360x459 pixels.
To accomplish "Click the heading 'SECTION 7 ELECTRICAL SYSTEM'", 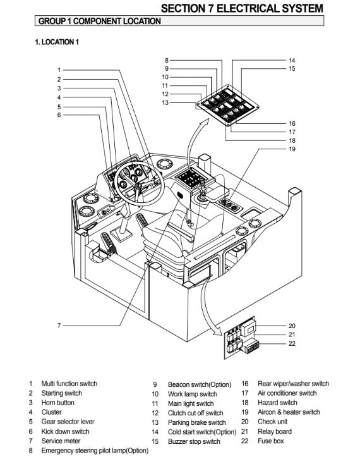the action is coord(242,8).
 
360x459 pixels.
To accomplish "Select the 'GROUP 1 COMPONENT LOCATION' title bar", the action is coord(179,21).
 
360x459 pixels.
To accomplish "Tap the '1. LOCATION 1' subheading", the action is coord(57,42).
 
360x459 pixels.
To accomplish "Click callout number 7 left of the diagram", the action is coord(59,326).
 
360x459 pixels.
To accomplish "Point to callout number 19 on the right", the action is coord(292,149).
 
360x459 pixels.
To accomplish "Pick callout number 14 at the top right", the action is coord(292,60).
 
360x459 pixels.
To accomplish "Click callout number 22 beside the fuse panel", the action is coord(292,343).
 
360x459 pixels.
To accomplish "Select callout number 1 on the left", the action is coord(59,70).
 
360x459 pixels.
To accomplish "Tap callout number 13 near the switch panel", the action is coord(165,103).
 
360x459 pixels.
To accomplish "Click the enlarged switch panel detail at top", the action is coord(227,106).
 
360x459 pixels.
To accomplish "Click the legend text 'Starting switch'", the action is coord(62,393).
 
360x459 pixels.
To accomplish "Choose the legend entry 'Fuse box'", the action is coord(271,441).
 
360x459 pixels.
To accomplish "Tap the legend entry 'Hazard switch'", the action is coord(277,403).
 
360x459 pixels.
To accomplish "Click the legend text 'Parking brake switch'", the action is coord(197,422).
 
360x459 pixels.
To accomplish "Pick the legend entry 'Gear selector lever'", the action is coord(68,422).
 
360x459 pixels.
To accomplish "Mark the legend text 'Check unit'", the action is coord(273,422).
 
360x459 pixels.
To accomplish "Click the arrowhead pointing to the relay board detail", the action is coord(218,331).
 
